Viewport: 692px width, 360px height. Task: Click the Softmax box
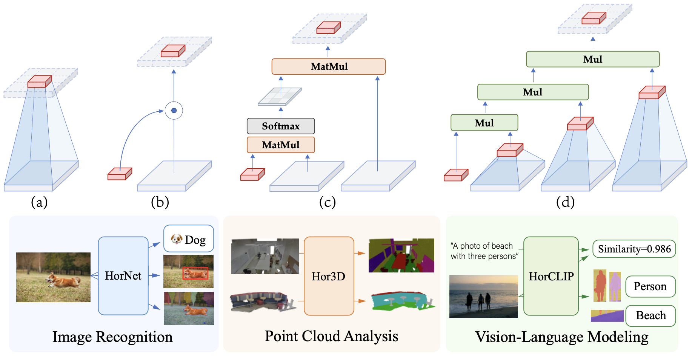click(281, 126)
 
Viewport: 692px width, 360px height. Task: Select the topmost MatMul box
click(329, 66)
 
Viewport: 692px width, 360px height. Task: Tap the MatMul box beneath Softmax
click(281, 145)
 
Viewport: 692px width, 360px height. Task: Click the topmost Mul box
click(592, 59)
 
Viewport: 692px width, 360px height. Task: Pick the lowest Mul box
click(484, 123)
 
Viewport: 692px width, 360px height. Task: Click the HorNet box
click(123, 276)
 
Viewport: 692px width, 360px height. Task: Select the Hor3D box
click(329, 276)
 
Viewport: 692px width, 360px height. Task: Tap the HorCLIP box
click(551, 276)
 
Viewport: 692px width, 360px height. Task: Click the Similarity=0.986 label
click(634, 249)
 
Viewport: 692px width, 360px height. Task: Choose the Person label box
click(650, 286)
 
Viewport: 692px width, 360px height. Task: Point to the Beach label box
click(650, 315)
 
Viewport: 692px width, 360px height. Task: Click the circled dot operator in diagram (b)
click(174, 111)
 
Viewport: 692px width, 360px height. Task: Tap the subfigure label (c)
click(327, 202)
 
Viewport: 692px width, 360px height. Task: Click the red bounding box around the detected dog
click(195, 273)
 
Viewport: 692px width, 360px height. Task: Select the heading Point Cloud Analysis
click(331, 336)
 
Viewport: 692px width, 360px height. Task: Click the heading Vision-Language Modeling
click(561, 337)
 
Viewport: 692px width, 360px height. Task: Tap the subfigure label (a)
click(39, 202)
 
